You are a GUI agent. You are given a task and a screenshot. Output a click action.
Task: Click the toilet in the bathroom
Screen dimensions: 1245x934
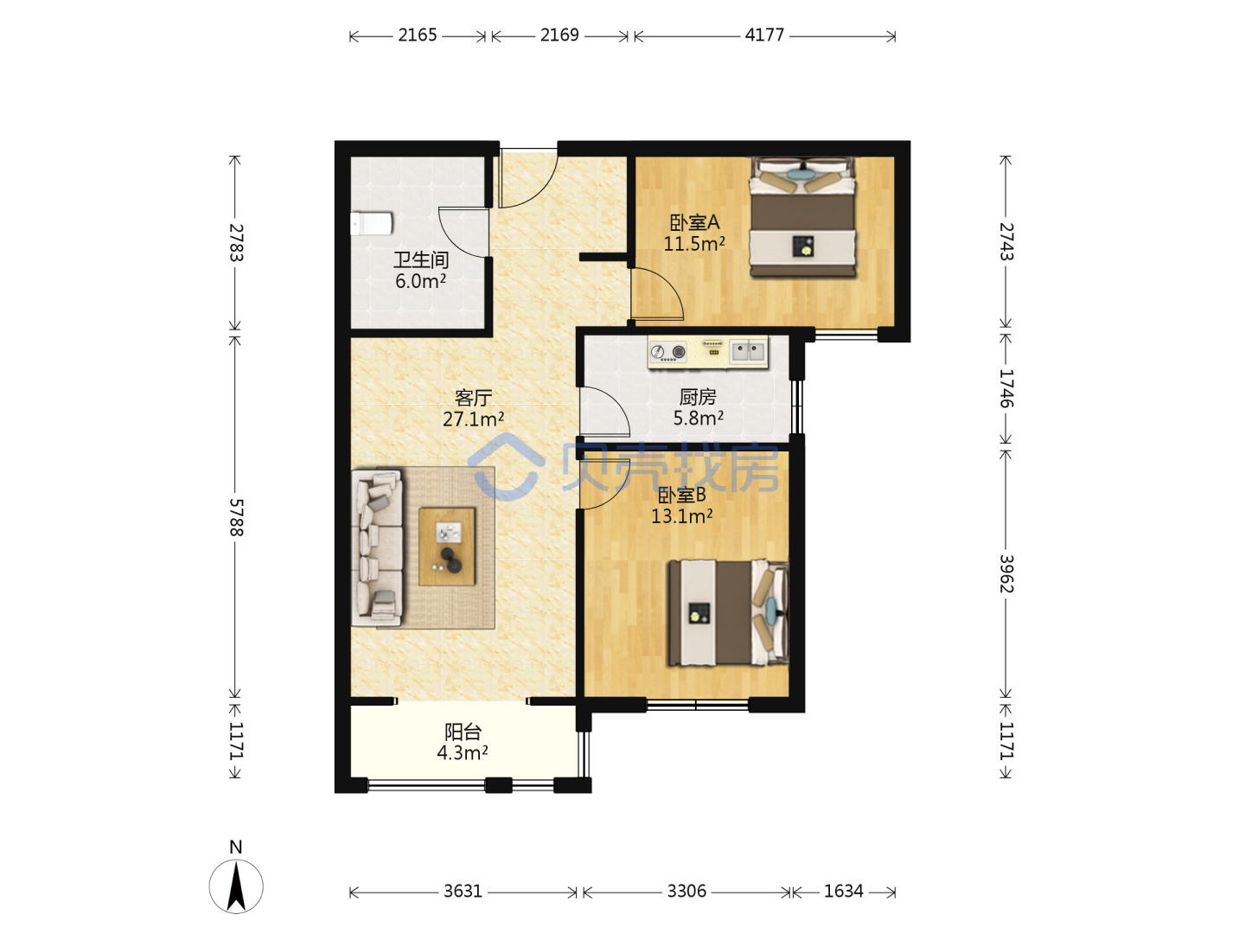click(x=372, y=223)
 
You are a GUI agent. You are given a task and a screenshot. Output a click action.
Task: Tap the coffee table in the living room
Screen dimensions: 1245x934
click(x=447, y=546)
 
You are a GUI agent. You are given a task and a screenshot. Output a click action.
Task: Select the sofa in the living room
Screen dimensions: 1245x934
click(x=377, y=547)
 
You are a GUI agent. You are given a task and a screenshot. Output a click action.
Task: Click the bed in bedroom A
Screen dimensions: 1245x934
click(x=802, y=216)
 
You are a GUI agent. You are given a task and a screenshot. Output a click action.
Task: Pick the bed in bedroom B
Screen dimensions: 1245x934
click(x=729, y=612)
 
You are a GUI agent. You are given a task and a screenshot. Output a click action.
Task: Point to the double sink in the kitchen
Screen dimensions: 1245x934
click(x=748, y=352)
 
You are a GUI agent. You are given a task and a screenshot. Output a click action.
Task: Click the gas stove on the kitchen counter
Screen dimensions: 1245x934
click(x=667, y=352)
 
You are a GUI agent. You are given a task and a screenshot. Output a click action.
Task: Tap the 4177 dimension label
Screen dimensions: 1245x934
click(x=764, y=35)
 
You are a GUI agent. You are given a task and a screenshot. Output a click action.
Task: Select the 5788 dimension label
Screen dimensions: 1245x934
click(x=236, y=517)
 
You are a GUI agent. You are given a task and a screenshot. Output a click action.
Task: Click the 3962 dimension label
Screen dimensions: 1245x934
click(x=1006, y=573)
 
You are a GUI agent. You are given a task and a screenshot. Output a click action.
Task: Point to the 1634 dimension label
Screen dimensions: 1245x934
click(x=843, y=892)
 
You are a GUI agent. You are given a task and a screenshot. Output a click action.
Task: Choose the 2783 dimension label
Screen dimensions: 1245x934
click(x=236, y=243)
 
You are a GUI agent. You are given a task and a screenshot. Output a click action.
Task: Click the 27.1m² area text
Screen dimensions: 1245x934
click(x=473, y=419)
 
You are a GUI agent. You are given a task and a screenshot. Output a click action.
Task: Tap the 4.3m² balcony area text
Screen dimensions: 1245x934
click(x=463, y=752)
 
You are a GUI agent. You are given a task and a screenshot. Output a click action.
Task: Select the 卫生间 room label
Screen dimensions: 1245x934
click(x=421, y=259)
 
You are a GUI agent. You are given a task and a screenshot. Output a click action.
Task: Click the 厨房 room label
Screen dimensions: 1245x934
click(x=698, y=397)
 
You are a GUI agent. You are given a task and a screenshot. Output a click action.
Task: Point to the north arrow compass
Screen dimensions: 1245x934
click(x=236, y=886)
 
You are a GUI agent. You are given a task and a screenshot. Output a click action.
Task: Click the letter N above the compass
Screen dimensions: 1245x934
click(x=236, y=848)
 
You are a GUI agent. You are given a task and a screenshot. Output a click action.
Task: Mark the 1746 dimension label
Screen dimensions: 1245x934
click(x=1006, y=388)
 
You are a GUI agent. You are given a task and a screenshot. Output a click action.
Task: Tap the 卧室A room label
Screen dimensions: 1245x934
click(x=694, y=222)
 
